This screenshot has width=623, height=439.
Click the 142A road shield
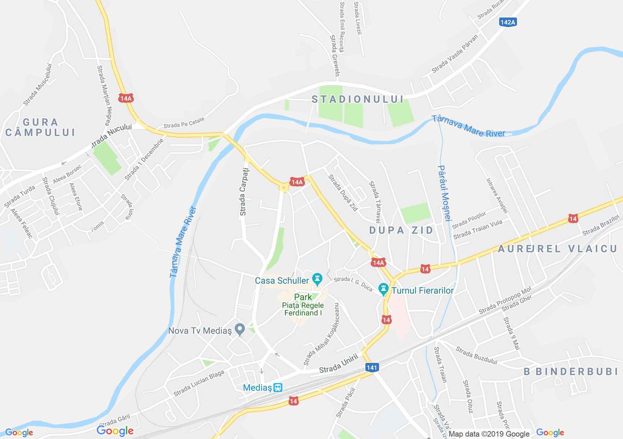[x=508, y=22]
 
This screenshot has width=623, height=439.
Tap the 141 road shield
[x=372, y=368]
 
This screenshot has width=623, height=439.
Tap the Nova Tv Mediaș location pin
[x=240, y=330]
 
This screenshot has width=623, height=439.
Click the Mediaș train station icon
[x=278, y=388]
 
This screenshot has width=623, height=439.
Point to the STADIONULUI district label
[x=357, y=99]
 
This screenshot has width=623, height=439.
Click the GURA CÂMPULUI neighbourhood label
[x=40, y=127]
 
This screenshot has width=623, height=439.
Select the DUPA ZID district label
[x=401, y=230]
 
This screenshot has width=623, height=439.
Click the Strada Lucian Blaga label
[x=199, y=383]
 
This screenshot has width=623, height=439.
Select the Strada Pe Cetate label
[x=184, y=122]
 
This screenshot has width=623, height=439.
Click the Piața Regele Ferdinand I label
[x=303, y=309]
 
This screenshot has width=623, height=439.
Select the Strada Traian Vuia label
[x=478, y=230]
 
